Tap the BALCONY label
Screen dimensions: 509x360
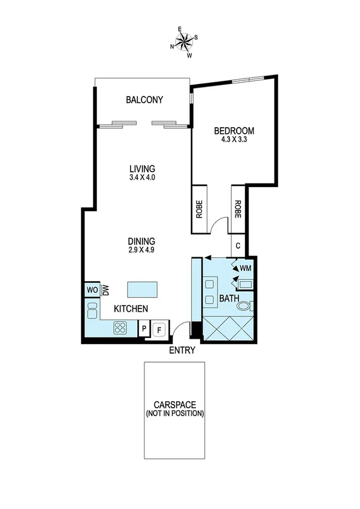click(x=144, y=100)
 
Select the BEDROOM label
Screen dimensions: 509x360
click(x=234, y=131)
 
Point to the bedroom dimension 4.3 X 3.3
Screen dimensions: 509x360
click(x=234, y=141)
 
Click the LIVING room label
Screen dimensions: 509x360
click(x=143, y=168)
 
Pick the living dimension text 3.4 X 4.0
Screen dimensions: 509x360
click(x=143, y=177)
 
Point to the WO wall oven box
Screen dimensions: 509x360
click(x=92, y=290)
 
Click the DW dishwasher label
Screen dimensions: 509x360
click(x=106, y=290)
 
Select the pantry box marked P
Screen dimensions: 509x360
click(x=144, y=329)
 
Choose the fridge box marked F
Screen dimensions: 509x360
click(x=159, y=329)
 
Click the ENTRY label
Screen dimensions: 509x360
click(x=183, y=350)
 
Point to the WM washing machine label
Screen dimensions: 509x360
click(x=246, y=268)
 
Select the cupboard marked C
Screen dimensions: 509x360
click(x=238, y=245)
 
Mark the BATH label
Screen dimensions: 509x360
click(x=229, y=298)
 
